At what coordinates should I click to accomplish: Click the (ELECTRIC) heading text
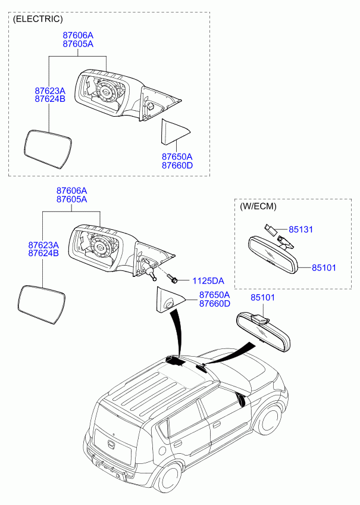[x=37, y=19]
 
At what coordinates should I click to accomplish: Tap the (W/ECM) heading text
[x=258, y=206]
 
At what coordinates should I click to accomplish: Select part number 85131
[x=300, y=230]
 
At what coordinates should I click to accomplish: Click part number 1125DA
[x=208, y=281]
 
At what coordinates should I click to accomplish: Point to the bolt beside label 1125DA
[x=172, y=278]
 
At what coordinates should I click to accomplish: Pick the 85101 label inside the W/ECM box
[x=324, y=267]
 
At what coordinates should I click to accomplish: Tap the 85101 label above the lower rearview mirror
[x=263, y=298]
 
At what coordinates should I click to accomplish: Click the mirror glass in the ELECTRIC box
[x=48, y=149]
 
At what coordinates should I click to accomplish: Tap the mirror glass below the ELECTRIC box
[x=42, y=304]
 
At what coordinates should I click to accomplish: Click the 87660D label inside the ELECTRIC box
[x=177, y=166]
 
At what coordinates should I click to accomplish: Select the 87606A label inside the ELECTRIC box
[x=78, y=35]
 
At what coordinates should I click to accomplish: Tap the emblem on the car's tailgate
[x=110, y=444]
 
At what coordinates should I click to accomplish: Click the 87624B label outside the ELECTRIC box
[x=43, y=253]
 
